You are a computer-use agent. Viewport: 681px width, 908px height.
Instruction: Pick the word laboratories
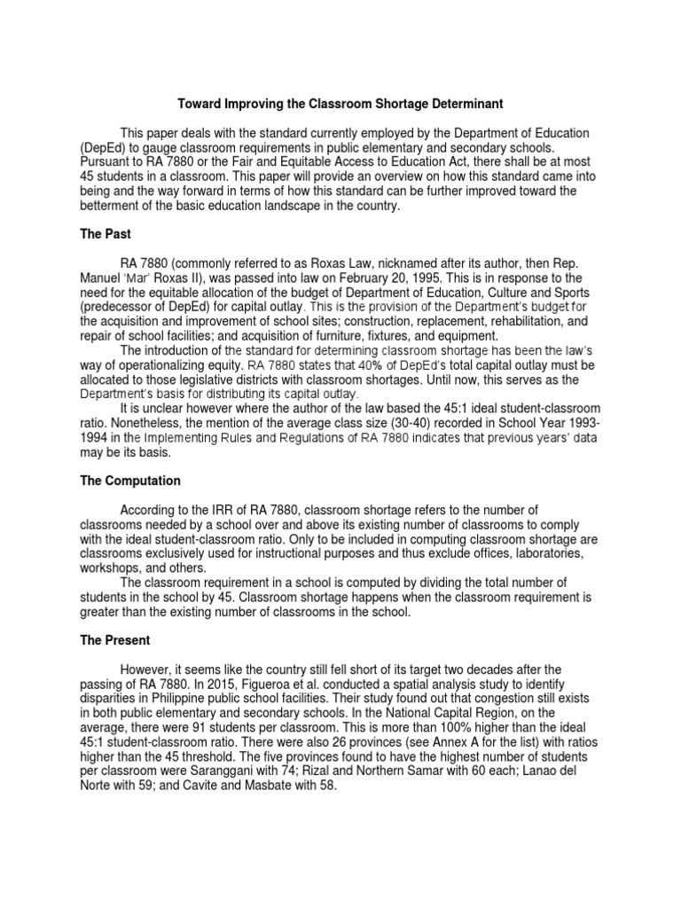tap(543, 553)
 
